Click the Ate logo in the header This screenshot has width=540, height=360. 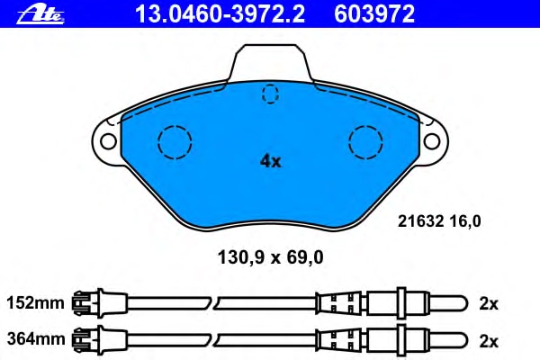(40, 15)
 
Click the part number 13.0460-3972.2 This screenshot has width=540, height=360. (220, 14)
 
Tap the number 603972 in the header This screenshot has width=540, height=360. (374, 14)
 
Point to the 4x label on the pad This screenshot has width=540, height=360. (270, 161)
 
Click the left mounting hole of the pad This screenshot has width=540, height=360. (108, 141)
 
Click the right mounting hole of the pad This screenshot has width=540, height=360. (432, 141)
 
